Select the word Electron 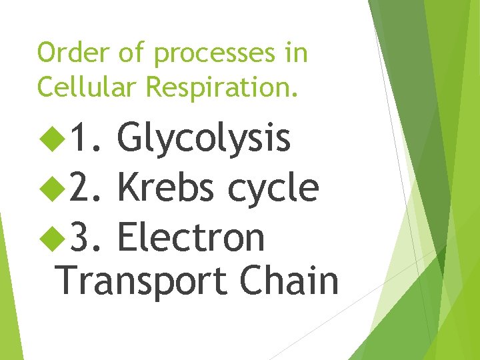coord(191,237)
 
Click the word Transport coord(141,281)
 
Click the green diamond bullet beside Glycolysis coord(49,139)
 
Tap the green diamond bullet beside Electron coord(49,237)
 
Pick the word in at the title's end coord(296,53)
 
